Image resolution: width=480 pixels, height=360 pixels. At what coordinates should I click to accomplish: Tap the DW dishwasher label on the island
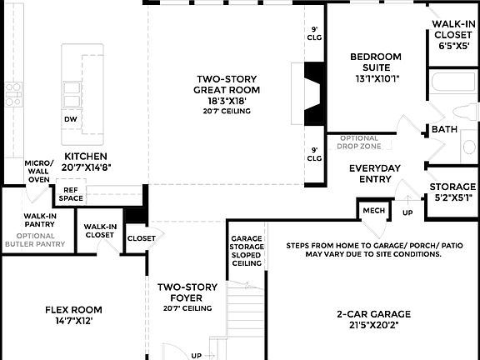[71, 119]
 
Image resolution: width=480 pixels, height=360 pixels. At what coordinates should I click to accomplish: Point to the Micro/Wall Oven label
[38, 171]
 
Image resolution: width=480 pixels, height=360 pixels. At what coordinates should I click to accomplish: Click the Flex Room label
[73, 315]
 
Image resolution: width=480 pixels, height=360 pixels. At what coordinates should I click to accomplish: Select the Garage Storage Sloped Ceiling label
[247, 251]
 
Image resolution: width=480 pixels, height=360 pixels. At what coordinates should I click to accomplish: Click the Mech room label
[373, 211]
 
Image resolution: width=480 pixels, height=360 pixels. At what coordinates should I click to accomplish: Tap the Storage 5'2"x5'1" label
[452, 192]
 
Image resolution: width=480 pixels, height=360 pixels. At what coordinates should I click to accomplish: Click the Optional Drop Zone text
[359, 142]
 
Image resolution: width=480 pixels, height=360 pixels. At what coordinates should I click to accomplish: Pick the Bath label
[442, 129]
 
